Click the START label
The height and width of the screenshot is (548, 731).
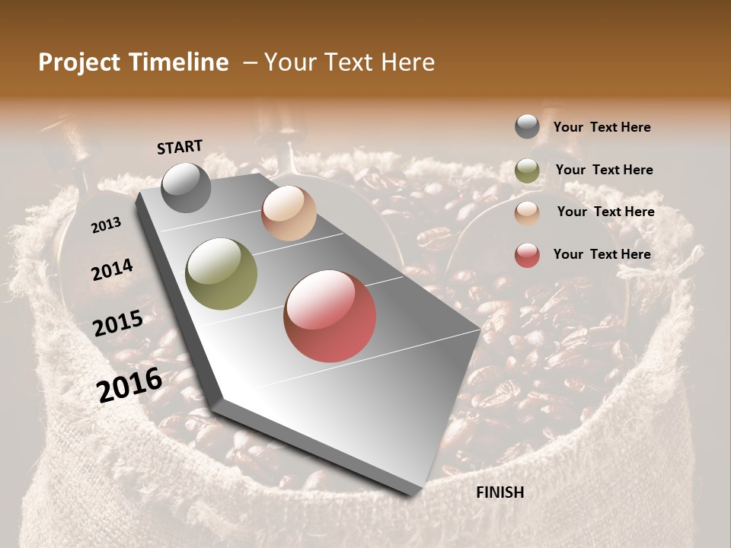[180, 147]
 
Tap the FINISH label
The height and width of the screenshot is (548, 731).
[500, 492]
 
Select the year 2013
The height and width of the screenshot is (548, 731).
[106, 225]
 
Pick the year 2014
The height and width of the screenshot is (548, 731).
[112, 270]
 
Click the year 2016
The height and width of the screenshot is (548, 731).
[129, 385]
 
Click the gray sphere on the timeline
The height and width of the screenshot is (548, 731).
[186, 187]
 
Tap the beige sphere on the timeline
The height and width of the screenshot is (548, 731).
[289, 213]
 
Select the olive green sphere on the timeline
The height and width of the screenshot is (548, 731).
[222, 274]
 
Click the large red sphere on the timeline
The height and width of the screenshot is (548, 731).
[330, 316]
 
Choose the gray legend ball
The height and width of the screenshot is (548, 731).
[527, 126]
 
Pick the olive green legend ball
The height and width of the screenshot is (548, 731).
[527, 170]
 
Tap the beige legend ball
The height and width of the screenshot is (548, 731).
[527, 213]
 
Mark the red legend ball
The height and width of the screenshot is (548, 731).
[527, 255]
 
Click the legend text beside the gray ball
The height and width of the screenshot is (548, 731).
[602, 127]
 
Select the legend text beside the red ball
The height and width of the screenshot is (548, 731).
[602, 254]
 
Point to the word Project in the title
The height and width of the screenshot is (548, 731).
[80, 62]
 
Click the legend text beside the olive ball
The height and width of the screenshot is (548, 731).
[604, 170]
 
